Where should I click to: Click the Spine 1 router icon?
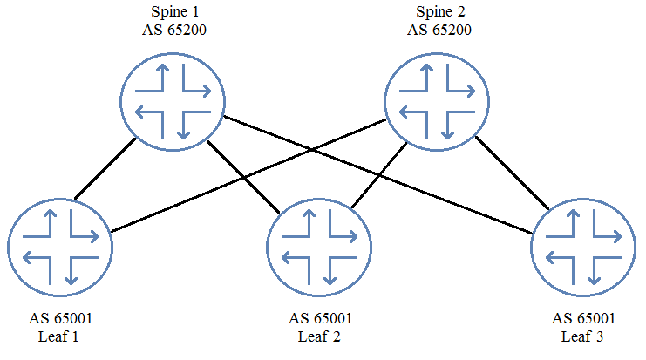tap(173, 102)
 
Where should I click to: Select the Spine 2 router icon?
tap(437, 102)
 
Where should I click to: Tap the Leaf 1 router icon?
tap(60, 248)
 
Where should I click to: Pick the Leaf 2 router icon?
tap(319, 248)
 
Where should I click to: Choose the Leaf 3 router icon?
tap(583, 248)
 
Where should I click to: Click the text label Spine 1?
tap(174, 12)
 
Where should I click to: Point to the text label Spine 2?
tap(440, 12)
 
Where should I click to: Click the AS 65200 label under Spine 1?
tap(174, 30)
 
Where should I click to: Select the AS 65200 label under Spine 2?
tap(439, 30)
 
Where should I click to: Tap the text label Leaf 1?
tap(58, 336)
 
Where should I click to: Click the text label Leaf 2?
tap(319, 336)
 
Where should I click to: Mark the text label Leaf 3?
tap(582, 336)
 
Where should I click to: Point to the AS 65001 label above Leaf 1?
tap(60, 318)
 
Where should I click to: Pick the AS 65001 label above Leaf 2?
tap(321, 318)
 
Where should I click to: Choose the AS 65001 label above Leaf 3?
tap(583, 318)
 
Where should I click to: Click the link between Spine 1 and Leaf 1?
tap(105, 168)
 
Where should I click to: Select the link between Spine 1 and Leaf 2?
tap(243, 177)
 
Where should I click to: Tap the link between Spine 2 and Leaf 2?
tap(379, 175)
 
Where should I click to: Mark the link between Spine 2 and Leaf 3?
tap(512, 173)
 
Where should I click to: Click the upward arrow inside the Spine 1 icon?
tap(163, 78)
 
